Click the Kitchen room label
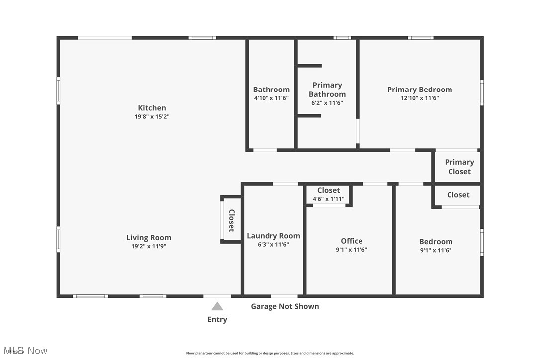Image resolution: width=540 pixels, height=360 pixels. point(152,108)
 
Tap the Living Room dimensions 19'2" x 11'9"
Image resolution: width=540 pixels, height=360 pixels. point(148,246)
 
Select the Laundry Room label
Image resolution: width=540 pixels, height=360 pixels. point(273,236)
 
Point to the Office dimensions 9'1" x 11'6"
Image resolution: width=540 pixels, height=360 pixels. point(352,250)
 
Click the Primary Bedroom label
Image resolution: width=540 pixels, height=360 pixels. point(420,90)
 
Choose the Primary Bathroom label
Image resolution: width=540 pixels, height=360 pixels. point(327,90)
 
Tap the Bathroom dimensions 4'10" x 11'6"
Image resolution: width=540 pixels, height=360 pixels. point(271,98)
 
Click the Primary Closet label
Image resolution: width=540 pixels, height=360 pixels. point(459,167)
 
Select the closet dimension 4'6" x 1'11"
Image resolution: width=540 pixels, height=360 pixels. point(328,199)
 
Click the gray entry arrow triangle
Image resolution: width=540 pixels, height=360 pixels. point(217,306)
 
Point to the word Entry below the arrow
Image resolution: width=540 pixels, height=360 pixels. point(217,319)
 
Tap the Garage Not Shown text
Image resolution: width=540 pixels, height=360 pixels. point(284,306)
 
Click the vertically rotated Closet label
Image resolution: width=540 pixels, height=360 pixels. point(231,220)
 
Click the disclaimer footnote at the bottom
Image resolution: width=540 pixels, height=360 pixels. point(270,353)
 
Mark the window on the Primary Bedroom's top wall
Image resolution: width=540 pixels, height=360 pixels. point(421,38)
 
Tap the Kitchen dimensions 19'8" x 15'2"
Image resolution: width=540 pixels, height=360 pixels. point(152,117)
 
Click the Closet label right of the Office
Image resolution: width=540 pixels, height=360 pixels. point(458,195)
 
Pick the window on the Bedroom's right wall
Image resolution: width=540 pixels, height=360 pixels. point(481,242)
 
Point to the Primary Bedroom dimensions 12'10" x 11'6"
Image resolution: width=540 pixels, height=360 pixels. point(420,98)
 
